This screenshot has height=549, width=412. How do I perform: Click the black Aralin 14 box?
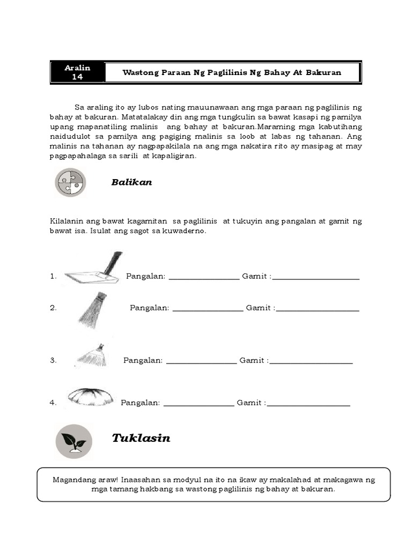click(77, 72)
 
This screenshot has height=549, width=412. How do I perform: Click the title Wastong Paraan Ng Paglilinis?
click(232, 72)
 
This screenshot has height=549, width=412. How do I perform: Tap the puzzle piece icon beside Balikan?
click(70, 182)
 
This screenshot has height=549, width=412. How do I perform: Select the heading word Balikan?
click(131, 182)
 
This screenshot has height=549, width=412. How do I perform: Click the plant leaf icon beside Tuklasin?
click(73, 441)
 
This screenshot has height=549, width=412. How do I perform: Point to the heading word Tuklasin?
click(141, 438)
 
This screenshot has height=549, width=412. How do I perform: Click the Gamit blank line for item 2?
click(318, 309)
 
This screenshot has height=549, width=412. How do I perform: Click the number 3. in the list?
click(53, 361)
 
